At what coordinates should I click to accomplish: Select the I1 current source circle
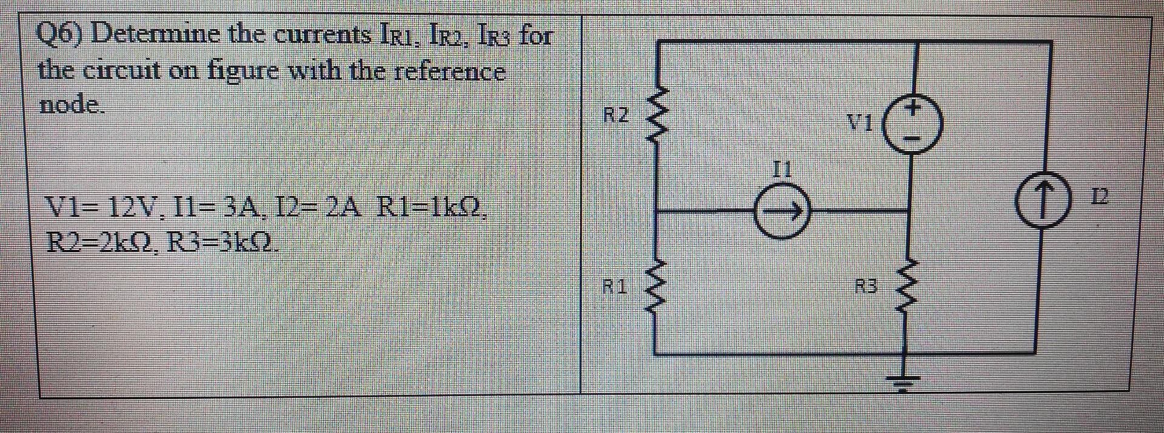(x=782, y=212)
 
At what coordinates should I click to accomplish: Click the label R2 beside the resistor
(x=617, y=115)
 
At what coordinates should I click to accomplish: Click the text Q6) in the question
(x=61, y=35)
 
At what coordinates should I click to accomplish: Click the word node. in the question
(x=72, y=105)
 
